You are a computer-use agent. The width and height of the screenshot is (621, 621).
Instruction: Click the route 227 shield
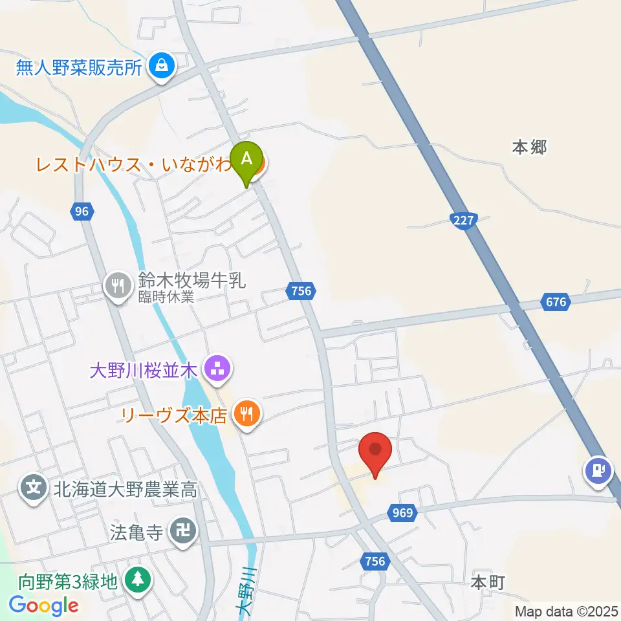tap(463, 221)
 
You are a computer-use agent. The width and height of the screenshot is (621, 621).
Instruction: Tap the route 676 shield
tap(555, 301)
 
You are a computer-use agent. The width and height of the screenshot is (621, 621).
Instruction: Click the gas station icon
tap(598, 470)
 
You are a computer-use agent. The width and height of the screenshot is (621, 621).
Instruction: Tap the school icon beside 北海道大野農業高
tap(33, 486)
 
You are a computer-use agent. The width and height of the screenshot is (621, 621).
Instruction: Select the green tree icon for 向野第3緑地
tap(136, 579)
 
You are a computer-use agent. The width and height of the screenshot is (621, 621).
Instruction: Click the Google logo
tap(43, 605)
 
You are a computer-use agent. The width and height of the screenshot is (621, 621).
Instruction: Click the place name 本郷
tap(529, 147)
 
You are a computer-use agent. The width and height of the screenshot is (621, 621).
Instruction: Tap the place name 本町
tap(487, 582)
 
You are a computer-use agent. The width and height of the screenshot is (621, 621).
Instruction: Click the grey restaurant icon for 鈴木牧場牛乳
tap(118, 285)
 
